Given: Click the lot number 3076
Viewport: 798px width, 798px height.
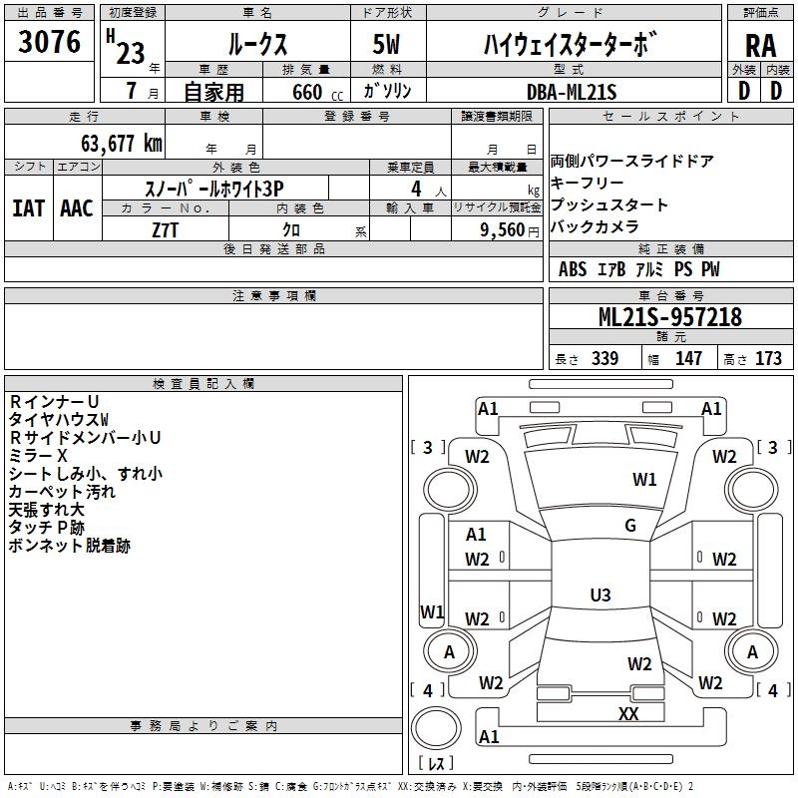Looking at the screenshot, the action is [50, 43].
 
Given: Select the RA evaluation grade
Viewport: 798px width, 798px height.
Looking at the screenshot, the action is [760, 45].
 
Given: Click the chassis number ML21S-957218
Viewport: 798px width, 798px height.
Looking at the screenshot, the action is [670, 317].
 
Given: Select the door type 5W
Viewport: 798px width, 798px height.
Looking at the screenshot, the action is [388, 44].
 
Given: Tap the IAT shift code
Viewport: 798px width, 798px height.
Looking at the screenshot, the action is [29, 207].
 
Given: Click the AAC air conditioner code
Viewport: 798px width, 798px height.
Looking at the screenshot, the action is [77, 207].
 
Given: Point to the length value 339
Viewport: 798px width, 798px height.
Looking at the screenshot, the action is [604, 359].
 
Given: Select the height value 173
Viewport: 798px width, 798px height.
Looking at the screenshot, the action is [768, 359].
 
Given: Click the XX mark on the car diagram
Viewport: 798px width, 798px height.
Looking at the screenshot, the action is [628, 713].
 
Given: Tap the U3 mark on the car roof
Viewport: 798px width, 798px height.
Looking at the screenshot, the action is [599, 595].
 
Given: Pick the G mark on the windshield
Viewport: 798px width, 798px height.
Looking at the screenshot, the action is [630, 526].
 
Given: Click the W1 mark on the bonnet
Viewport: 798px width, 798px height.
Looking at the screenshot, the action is [644, 480].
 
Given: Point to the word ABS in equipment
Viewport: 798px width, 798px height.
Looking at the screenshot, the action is [573, 269].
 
